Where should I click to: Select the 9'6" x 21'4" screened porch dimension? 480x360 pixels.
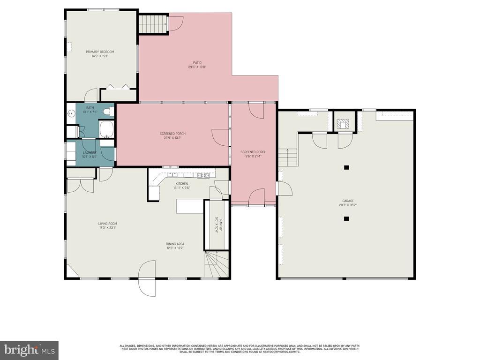(253, 157)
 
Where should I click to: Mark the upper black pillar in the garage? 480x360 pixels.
(346, 167)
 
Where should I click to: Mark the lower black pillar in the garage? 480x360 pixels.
(346, 218)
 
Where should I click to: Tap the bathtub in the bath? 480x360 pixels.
(106, 129)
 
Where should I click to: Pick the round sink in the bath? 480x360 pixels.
(71, 113)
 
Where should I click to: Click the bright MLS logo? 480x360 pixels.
(29, 350)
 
